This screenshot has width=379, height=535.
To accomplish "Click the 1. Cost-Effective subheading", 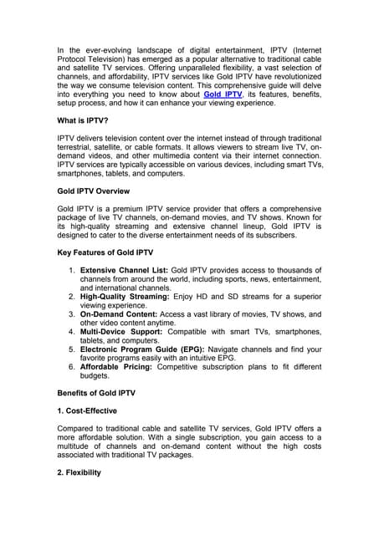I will pyautogui.click(x=87, y=410).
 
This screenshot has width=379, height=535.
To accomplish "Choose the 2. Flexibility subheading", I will pyautogui.click(x=79, y=472).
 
